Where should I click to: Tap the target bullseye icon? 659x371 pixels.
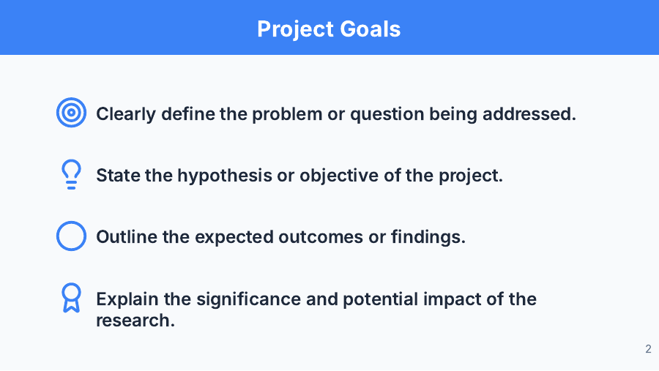71,113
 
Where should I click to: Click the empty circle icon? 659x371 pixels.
71,237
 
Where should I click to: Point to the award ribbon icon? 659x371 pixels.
71,298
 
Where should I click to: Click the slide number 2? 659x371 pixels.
648,349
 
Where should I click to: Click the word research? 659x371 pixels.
135,320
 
